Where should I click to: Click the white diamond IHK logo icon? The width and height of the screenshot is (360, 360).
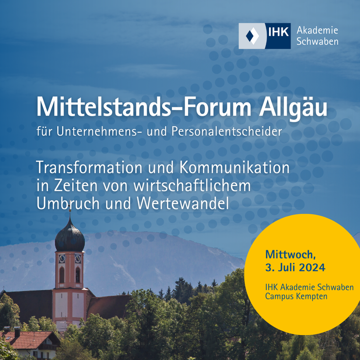tap(252, 36)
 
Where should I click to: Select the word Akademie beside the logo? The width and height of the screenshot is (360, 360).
tap(317, 30)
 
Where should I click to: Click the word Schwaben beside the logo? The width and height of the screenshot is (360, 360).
tap(317, 42)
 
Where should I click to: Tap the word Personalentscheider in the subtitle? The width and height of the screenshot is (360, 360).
tap(226, 132)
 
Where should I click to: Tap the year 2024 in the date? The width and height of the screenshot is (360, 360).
tap(312, 267)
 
